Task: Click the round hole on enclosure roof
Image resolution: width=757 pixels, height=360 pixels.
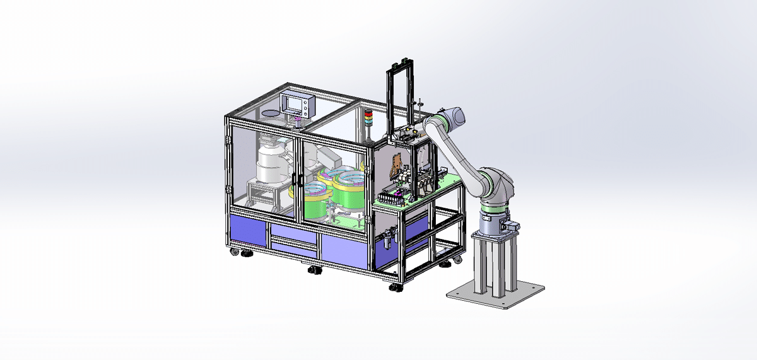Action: [270, 113]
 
